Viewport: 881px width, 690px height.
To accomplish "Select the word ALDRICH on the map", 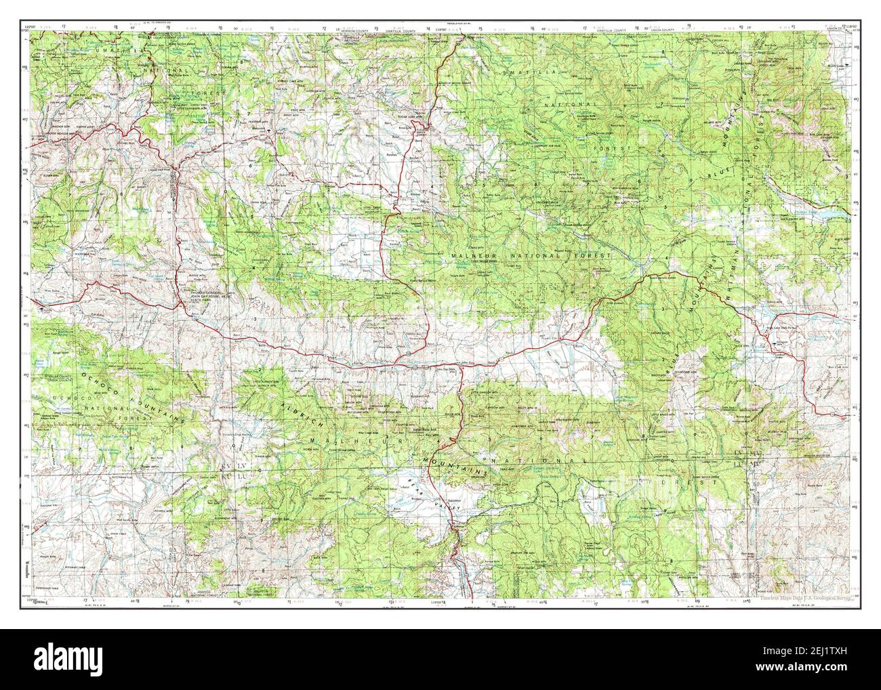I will [x=306, y=412].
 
